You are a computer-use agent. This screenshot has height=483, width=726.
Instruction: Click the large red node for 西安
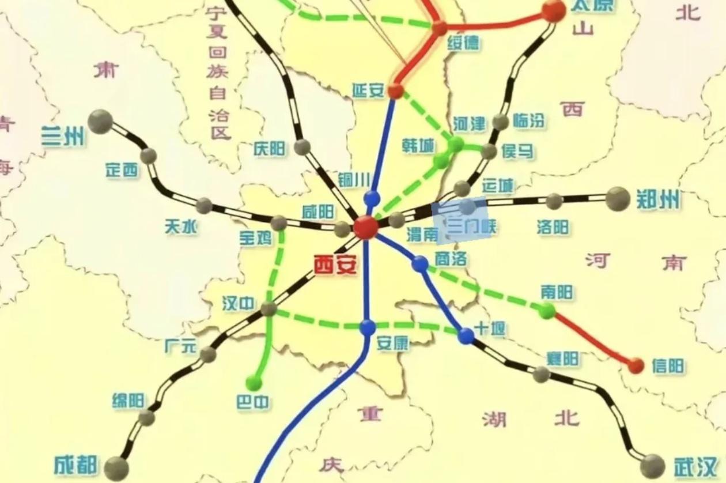pos(365,227)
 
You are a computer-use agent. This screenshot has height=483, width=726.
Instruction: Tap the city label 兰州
pos(63,137)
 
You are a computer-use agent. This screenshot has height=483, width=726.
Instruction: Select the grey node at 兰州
pos(100,122)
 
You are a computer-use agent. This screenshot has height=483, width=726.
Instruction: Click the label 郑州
pos(658,200)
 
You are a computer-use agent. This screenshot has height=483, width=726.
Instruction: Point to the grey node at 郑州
pos(618,199)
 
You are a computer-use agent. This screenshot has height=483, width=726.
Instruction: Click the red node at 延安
pos(395,90)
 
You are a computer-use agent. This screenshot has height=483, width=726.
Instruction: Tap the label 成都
pos(76,465)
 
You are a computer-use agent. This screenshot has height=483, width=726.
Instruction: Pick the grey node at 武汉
pos(652,466)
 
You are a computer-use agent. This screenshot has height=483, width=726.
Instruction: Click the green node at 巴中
pos(254,383)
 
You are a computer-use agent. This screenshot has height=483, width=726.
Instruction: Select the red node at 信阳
pos(636,365)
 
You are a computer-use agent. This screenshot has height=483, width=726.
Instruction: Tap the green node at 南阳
pos(547,311)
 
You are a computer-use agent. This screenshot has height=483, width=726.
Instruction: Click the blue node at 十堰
pos(466,336)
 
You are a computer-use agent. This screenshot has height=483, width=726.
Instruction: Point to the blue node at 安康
pos(368,327)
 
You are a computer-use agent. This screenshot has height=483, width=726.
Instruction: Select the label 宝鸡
pos(255,238)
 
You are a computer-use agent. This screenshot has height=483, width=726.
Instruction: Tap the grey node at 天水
pos(204,206)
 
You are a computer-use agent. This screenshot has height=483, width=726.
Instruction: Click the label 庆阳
pos(269,149)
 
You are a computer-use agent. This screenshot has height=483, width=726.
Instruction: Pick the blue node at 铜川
pos(372,199)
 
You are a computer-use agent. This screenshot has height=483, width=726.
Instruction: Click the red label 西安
pos(335,266)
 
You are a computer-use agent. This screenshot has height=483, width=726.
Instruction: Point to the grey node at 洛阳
pos(554,201)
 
